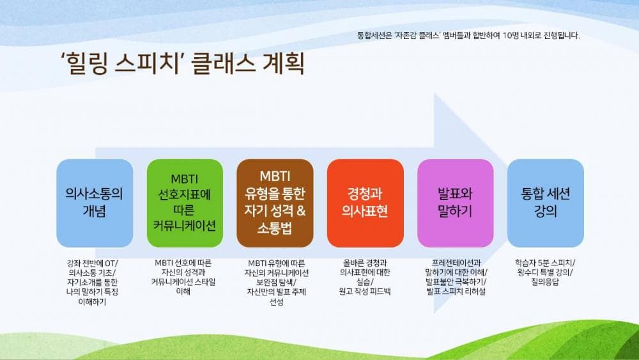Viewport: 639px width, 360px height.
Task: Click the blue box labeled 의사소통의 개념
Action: point(95,203)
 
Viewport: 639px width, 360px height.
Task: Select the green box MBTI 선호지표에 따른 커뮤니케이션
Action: point(185,203)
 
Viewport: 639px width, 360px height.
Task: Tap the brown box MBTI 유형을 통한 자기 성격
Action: point(275,203)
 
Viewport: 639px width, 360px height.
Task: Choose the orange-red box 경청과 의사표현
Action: point(365,203)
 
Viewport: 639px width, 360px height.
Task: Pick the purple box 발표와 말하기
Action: point(455,203)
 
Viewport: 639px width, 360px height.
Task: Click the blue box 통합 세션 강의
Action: point(545,203)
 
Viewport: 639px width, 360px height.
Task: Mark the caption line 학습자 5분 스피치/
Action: point(545,263)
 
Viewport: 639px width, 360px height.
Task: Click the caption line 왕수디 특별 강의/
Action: point(545,272)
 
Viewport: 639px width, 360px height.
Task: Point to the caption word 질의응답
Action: point(545,282)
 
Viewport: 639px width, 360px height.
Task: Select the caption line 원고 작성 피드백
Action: point(365,292)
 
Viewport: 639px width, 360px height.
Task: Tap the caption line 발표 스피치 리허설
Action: point(455,292)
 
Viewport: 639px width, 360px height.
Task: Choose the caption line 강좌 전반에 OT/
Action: point(95,263)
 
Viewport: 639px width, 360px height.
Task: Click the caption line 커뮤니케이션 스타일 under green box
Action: point(185,282)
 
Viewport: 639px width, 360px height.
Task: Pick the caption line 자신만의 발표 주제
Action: point(275,292)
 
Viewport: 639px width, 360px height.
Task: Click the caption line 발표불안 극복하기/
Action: point(455,282)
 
